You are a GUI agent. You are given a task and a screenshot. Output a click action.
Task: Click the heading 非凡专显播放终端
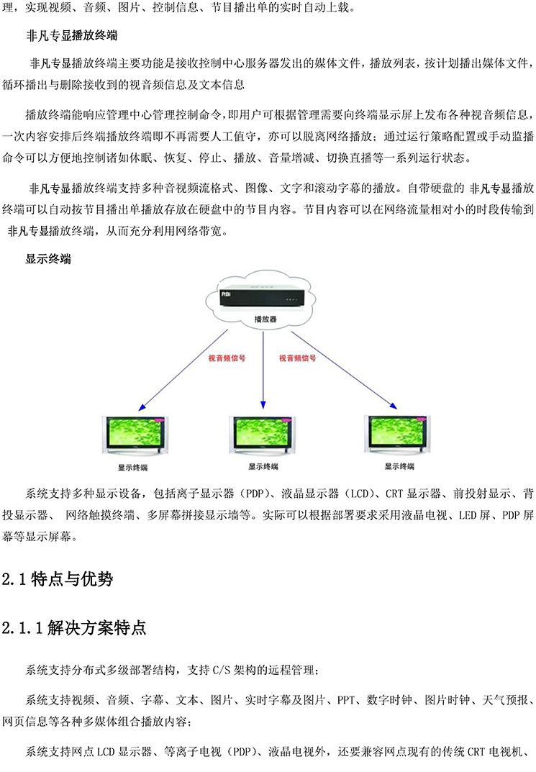[72, 35]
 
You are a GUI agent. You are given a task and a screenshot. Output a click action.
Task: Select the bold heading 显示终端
[48, 259]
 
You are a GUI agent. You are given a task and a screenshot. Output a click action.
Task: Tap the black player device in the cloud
[261, 296]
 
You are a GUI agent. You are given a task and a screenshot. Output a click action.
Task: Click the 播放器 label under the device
[265, 319]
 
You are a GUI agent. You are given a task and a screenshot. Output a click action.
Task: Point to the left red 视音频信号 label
[227, 358]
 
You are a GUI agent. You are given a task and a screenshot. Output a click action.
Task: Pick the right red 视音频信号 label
[298, 358]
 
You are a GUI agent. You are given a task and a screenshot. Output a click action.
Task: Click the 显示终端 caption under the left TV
[132, 467]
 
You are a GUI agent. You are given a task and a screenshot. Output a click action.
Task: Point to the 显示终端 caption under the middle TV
[263, 466]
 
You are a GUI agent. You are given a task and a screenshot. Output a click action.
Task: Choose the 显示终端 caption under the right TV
[399, 466]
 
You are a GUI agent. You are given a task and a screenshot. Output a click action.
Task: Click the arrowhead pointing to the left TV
[142, 407]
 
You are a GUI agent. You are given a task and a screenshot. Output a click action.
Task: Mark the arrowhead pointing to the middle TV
[263, 405]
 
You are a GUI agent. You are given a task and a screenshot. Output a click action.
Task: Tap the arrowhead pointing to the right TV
[394, 406]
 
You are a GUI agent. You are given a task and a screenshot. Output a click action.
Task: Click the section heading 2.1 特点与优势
[58, 579]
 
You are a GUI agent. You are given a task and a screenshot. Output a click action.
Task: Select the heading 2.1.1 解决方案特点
[74, 627]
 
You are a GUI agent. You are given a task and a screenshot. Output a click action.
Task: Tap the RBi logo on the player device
[227, 294]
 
